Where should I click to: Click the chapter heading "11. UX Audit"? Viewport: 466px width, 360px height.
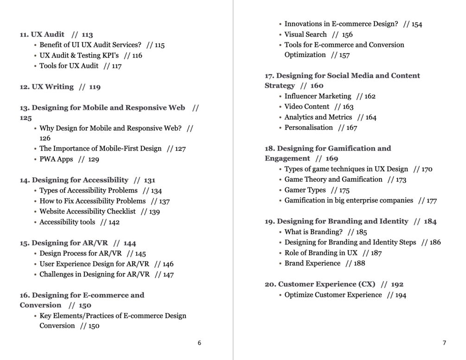(x=42, y=34)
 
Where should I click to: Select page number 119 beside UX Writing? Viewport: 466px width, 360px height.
(x=95, y=87)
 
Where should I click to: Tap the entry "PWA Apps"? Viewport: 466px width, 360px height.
(x=56, y=159)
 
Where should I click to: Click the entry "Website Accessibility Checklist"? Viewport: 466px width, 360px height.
(x=88, y=211)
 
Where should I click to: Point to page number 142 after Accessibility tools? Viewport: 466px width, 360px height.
(x=114, y=222)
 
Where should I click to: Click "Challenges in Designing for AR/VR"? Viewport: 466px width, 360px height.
(x=95, y=274)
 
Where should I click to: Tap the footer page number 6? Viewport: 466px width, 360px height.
(x=199, y=343)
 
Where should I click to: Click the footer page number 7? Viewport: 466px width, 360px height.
(x=444, y=343)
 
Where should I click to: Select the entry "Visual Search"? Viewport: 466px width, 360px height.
(x=306, y=34)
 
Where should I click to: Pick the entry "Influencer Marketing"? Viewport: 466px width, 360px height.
(x=318, y=96)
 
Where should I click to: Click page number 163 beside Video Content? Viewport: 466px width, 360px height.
(x=348, y=107)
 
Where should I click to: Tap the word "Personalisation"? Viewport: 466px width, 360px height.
(x=308, y=128)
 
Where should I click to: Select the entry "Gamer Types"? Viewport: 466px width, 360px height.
(x=305, y=190)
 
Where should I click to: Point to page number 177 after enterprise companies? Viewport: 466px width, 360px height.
(x=431, y=201)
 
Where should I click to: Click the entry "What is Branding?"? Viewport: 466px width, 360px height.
(x=313, y=232)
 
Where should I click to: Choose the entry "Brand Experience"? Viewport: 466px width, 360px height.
(x=312, y=263)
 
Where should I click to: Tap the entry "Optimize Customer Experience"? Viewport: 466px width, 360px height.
(x=333, y=295)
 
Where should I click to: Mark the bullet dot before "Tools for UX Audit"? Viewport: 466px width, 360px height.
(x=36, y=66)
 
